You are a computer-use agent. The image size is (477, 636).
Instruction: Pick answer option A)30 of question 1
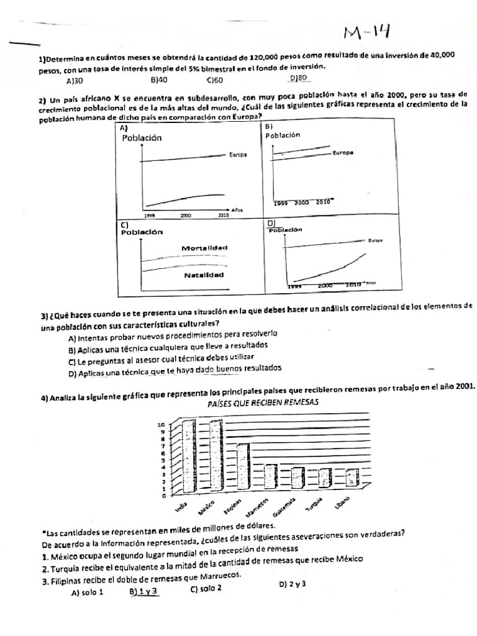[x=75, y=81]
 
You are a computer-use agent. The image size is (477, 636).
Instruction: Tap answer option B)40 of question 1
[x=159, y=80]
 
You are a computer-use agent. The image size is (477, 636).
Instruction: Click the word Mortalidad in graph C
[x=204, y=248]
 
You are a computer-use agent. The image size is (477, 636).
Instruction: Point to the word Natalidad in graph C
[x=204, y=275]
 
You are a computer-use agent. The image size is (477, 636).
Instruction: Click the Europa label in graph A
[x=237, y=155]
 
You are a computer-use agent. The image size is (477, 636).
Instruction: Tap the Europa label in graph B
[x=342, y=152]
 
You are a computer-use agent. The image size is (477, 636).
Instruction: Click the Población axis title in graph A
[x=142, y=138]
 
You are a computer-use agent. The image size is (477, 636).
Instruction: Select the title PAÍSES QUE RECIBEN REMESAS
[x=262, y=402]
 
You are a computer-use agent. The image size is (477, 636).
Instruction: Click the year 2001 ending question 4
[x=465, y=386]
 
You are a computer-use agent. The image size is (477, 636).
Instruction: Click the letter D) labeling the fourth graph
[x=271, y=222]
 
